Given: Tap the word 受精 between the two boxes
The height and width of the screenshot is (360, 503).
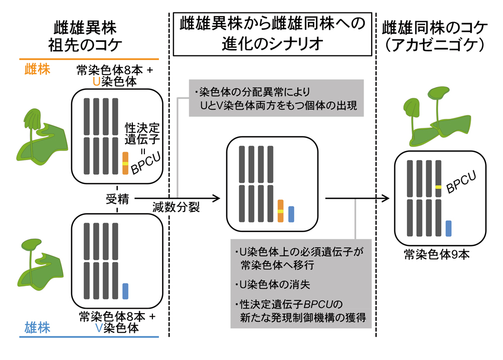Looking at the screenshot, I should tap(117, 199).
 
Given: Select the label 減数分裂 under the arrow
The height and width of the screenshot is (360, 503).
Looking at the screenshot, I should tap(176, 207).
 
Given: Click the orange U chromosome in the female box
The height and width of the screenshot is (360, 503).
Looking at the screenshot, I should tap(125, 163).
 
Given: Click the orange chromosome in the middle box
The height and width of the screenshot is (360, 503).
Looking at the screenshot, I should tap(281, 210).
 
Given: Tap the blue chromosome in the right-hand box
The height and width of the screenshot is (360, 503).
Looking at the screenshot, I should tap(448, 228).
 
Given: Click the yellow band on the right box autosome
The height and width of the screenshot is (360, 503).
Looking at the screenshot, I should tap(438, 187).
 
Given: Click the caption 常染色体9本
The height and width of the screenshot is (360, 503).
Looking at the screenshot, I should tap(437, 256).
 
